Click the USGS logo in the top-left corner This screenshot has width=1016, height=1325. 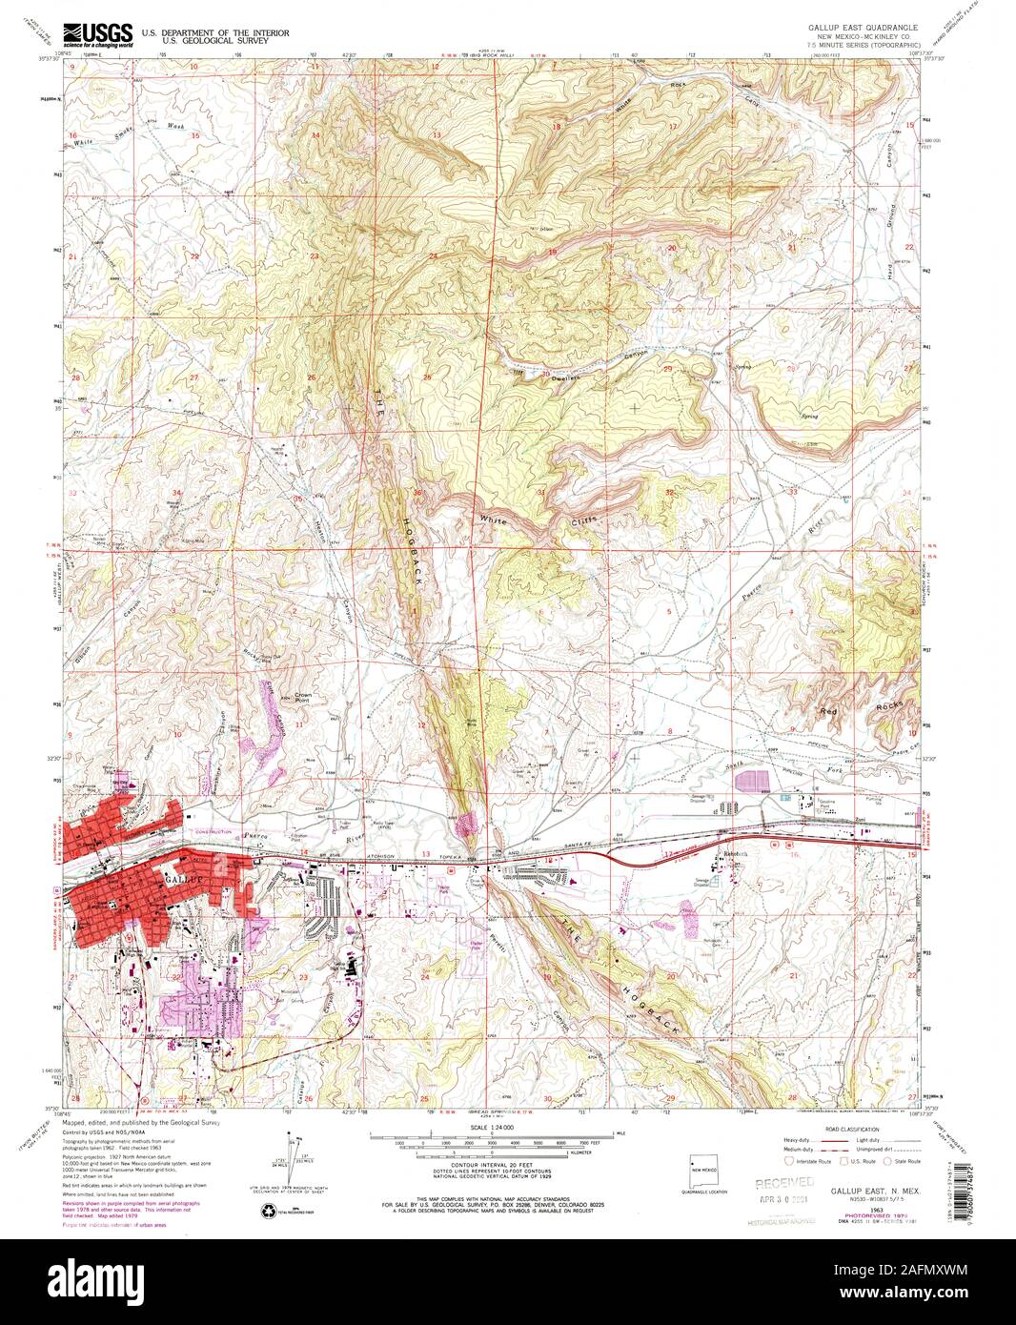[x=98, y=35]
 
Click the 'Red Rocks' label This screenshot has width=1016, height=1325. [x=860, y=710]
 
